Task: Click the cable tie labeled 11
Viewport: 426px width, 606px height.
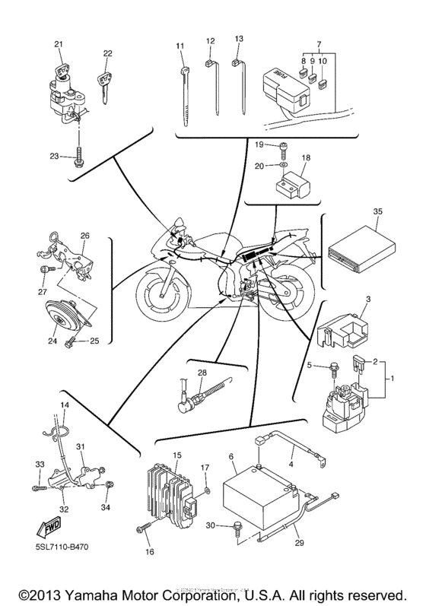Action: click(x=183, y=91)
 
